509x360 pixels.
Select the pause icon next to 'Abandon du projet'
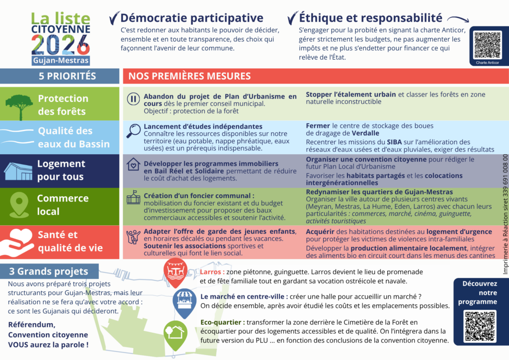coord(133,99)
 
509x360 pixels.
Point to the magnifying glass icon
coord(133,130)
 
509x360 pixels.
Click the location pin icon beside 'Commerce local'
coord(19,204)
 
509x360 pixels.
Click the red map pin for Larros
coord(174,272)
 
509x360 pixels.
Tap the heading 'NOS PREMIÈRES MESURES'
coord(189,76)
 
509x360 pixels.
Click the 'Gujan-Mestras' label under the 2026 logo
coord(61,60)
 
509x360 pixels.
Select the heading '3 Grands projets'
coord(49,271)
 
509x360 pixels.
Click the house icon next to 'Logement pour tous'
coord(18,171)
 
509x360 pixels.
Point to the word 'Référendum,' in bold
coord(31,325)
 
